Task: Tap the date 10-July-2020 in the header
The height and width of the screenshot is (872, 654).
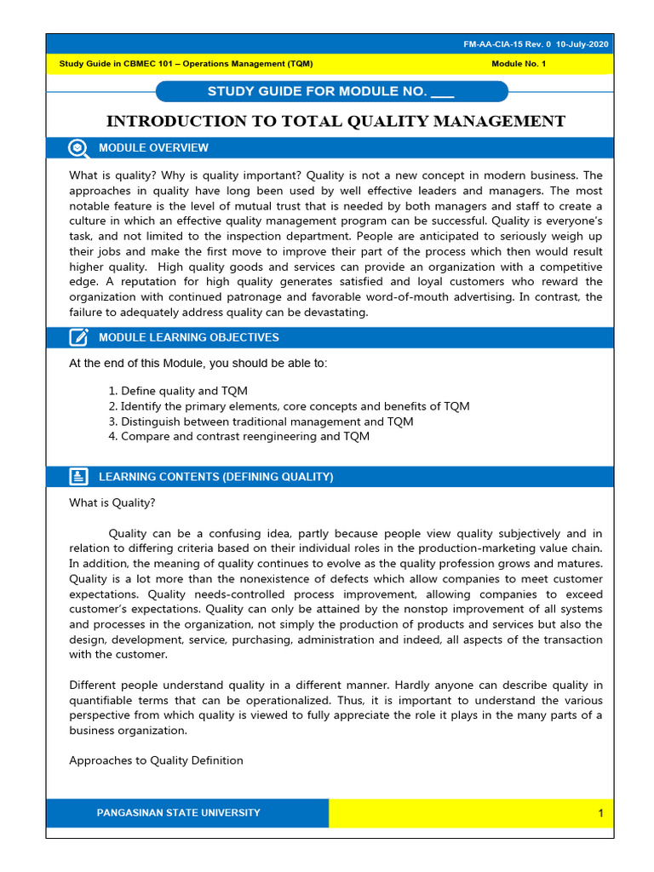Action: tap(584, 44)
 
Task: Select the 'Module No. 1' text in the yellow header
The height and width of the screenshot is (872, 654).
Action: tap(519, 64)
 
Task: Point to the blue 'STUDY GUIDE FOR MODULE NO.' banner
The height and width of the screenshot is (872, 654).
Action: tap(331, 92)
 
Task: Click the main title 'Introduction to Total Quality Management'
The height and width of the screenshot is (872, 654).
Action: tap(335, 121)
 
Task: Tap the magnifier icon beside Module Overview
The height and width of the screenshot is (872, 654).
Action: tap(78, 147)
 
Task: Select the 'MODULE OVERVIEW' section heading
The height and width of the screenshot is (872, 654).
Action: tap(153, 148)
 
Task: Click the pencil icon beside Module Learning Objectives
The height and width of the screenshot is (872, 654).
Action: tap(78, 337)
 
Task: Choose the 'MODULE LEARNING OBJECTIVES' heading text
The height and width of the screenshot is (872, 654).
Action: tap(188, 338)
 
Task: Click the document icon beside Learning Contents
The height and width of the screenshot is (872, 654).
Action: tap(78, 477)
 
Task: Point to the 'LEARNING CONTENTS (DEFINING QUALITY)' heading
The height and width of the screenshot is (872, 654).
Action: tap(215, 477)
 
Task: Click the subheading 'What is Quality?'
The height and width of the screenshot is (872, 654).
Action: tap(112, 502)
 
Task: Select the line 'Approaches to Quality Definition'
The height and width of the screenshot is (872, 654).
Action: tap(156, 760)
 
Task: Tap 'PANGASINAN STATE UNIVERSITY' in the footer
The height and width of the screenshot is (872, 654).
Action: tap(179, 813)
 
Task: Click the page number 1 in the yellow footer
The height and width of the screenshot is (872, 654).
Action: tap(599, 814)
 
